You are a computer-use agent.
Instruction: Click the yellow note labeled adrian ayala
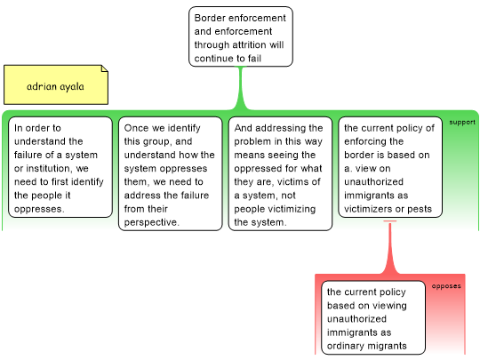click(x=56, y=84)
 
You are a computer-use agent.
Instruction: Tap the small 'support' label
click(x=462, y=122)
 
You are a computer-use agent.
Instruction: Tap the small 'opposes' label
click(x=446, y=286)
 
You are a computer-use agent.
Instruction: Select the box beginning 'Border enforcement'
click(x=241, y=36)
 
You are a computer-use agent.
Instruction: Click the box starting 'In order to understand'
click(x=60, y=167)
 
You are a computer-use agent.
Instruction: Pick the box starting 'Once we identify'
click(x=170, y=173)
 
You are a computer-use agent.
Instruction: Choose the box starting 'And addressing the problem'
click(x=280, y=173)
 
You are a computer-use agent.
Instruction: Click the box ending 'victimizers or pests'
click(x=390, y=167)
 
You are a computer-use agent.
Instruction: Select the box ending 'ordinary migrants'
click(x=373, y=317)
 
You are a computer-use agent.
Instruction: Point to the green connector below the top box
click(x=241, y=88)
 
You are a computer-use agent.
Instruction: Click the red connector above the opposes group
click(x=390, y=247)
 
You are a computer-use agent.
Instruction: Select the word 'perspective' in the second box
click(x=151, y=222)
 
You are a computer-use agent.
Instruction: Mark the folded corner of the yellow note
click(x=105, y=68)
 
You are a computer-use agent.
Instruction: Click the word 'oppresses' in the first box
click(x=39, y=210)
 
